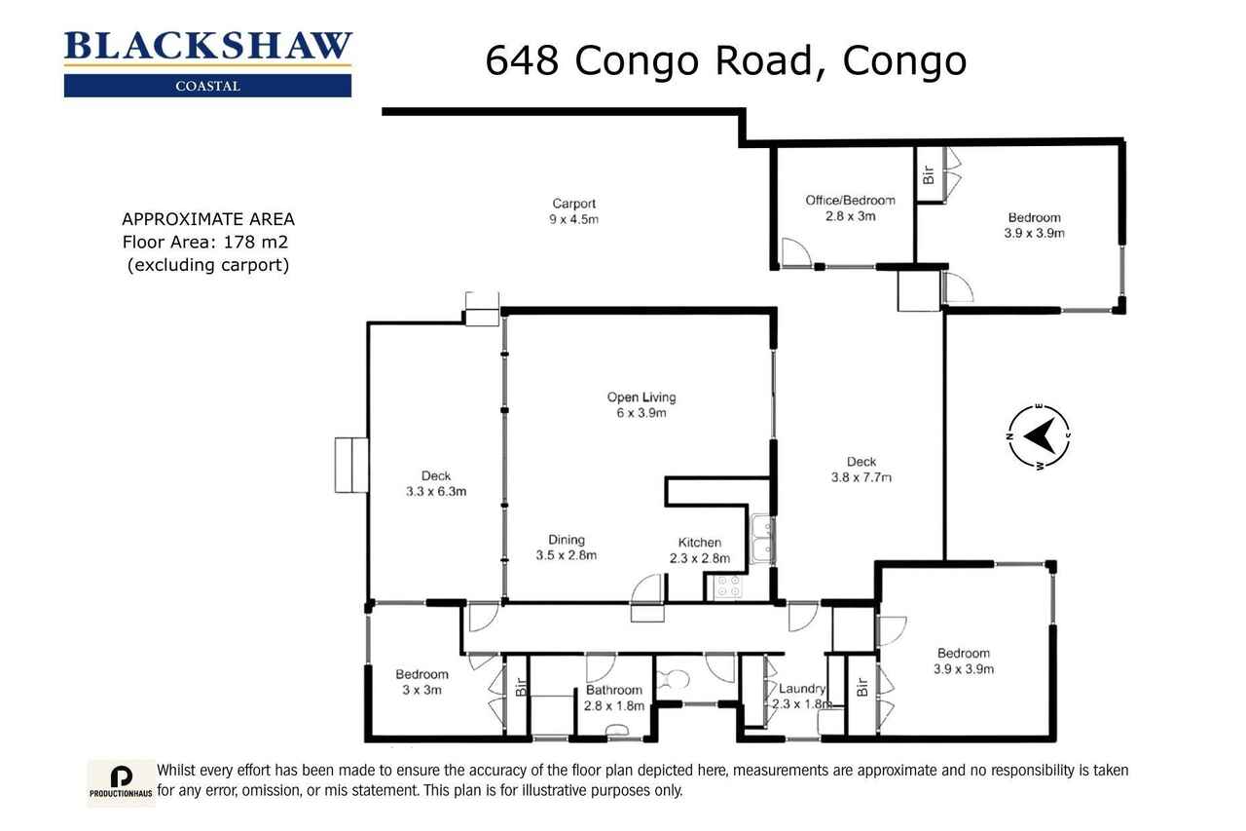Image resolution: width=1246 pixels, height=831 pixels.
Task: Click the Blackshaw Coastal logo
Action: [x=207, y=64]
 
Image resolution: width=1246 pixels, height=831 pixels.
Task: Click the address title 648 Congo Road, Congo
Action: [x=726, y=60]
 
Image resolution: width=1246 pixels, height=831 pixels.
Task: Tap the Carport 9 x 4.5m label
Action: [x=573, y=211]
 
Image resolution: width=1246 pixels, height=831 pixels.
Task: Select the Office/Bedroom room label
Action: [x=850, y=208]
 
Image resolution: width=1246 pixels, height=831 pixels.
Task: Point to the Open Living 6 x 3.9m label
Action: [x=641, y=404]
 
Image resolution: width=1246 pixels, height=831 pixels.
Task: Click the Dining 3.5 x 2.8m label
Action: [x=567, y=548]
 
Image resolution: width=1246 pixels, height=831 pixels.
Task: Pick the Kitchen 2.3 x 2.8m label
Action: [x=700, y=549]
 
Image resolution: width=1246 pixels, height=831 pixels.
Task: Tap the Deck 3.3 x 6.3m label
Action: [x=436, y=483]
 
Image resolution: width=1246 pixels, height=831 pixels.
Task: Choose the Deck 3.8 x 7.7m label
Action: [x=861, y=470]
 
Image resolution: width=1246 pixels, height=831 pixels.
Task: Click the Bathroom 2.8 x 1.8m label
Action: [x=614, y=698]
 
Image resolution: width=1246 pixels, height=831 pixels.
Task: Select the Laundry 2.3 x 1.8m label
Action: [x=801, y=696]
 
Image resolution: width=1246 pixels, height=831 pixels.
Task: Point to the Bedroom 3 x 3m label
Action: [x=421, y=682]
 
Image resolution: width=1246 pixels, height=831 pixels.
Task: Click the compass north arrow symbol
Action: [x=1039, y=436]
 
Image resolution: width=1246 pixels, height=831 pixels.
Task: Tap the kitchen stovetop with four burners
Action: [x=728, y=586]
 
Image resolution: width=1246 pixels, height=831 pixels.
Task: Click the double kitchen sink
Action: [x=762, y=539]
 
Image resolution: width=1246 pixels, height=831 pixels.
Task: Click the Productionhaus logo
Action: [x=121, y=782]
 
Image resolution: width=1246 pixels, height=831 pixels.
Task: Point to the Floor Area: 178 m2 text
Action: [x=205, y=243]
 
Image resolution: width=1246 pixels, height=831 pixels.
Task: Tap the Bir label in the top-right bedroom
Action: [x=929, y=174]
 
